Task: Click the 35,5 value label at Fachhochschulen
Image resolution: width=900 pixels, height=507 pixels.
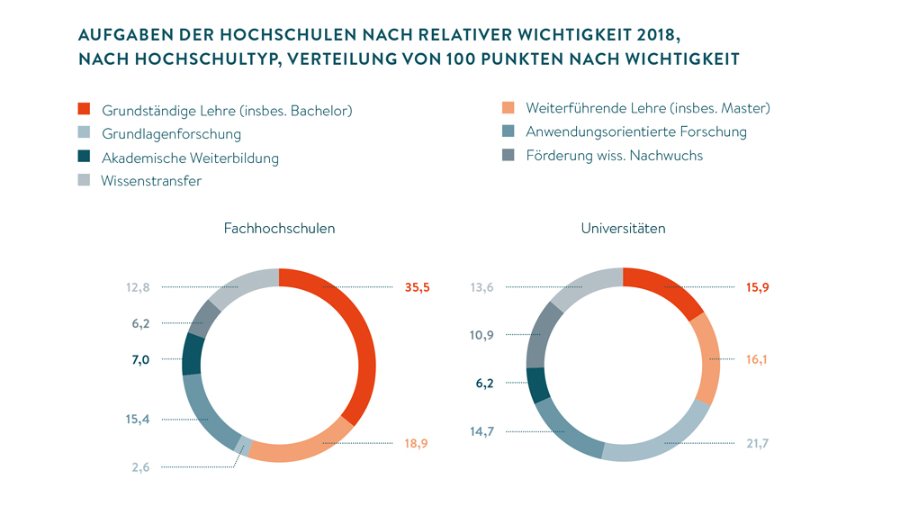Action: [x=418, y=288]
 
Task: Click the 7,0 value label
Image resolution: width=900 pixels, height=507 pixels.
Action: [x=140, y=359]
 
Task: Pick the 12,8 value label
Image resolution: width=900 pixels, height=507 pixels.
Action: [x=138, y=287]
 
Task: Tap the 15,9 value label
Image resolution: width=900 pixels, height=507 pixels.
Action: [x=759, y=288]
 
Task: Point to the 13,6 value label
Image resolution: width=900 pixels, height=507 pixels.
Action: [x=481, y=287]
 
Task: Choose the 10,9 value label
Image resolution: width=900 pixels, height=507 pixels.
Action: [x=481, y=335]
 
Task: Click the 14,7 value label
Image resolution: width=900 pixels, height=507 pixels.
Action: [x=481, y=431]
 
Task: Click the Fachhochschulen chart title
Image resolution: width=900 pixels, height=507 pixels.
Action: [x=279, y=229]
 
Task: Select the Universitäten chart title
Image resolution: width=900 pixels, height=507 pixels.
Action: [x=624, y=229]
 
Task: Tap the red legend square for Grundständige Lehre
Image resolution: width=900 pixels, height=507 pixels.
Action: [x=84, y=110]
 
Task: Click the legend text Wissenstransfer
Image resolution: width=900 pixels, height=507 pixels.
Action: [x=151, y=180]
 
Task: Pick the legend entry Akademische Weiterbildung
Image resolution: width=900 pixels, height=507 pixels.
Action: [x=190, y=158]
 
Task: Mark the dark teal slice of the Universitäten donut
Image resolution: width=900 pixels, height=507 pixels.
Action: [x=537, y=385]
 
